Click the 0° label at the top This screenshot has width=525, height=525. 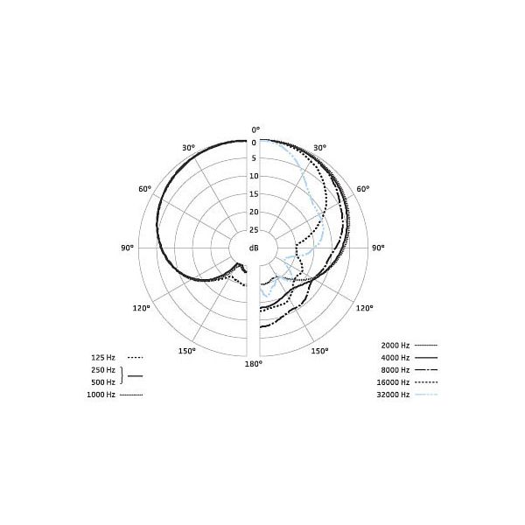(254, 129)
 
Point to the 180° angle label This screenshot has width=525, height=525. (253, 363)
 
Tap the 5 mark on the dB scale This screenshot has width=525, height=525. (254, 158)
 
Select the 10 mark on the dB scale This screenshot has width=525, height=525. (254, 176)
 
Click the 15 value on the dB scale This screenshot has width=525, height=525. (254, 194)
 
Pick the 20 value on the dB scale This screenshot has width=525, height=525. (254, 212)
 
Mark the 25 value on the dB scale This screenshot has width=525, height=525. (254, 230)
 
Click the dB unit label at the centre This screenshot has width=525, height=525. (254, 248)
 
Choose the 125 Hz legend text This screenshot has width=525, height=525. (103, 357)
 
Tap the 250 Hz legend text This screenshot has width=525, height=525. (103, 371)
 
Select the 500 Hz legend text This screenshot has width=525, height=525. (103, 382)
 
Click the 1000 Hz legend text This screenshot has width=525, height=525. (101, 395)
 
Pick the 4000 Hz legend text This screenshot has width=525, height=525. (395, 359)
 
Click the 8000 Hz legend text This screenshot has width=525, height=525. (395, 371)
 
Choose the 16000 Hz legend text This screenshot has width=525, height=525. (394, 383)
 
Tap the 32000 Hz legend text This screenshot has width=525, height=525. (394, 395)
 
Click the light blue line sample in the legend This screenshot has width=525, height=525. (426, 396)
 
